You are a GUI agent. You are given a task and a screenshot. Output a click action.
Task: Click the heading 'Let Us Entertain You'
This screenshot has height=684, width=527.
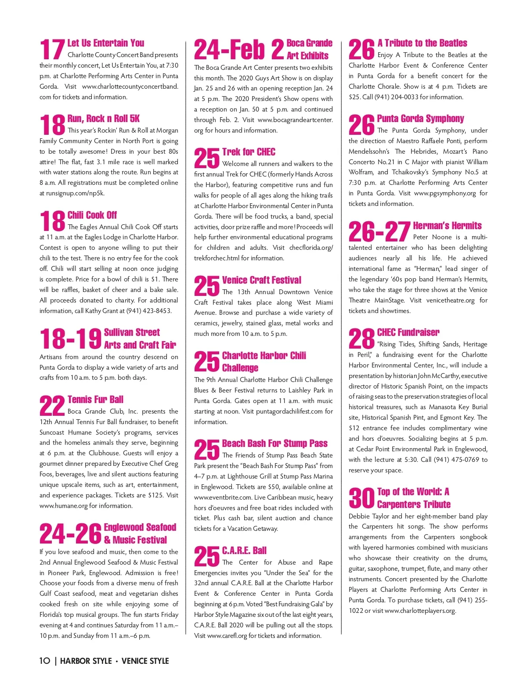105,43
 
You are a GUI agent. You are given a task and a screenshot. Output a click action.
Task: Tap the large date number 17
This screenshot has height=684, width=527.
52,49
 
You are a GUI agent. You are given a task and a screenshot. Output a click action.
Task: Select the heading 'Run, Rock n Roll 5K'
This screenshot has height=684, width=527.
104,119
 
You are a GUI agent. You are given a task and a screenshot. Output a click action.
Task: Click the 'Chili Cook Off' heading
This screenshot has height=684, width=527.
92,215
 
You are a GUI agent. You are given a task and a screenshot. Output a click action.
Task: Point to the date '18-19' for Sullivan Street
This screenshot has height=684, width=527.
70,339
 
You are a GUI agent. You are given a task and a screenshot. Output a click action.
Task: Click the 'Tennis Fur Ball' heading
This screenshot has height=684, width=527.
95,400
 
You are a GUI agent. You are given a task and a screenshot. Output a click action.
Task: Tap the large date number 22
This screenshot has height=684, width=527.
52,406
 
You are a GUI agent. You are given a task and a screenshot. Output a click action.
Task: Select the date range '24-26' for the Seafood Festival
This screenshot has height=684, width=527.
70,534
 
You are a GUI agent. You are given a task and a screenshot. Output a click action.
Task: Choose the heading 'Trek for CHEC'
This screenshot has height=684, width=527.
249,152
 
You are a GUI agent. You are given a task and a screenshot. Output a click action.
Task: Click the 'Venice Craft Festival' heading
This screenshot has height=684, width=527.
262,280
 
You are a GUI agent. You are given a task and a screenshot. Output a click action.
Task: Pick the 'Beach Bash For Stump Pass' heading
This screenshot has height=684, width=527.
275,443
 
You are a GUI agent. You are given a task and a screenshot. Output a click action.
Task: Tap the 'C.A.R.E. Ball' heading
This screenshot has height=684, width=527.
244,551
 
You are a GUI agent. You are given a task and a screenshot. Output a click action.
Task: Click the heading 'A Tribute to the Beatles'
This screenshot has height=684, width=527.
422,43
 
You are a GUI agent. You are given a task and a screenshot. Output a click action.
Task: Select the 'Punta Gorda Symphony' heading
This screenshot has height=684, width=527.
420,119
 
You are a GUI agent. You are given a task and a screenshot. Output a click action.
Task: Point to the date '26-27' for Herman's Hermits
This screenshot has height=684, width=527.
379,232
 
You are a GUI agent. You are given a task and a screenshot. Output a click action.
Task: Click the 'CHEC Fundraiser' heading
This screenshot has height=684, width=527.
408,332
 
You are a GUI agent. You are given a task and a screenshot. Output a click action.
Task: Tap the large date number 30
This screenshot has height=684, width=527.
361,498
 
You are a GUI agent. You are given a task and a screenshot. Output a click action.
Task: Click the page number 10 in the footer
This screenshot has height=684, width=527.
45,661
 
